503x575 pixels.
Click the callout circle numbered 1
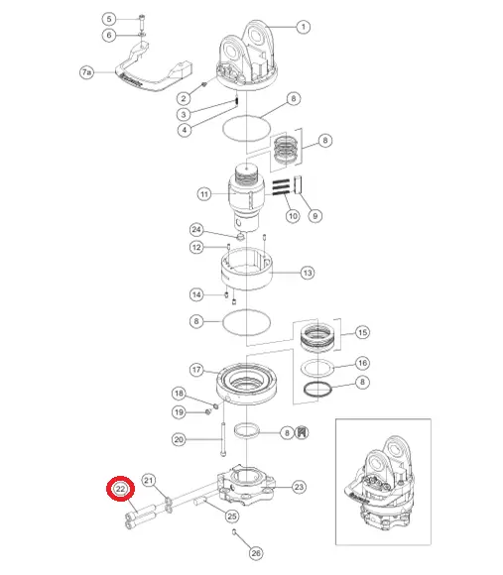pos(303,27)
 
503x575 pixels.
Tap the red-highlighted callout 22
pos(121,489)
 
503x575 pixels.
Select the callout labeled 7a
pos(86,72)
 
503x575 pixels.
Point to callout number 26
pos(256,553)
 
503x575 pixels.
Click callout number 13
pos(308,273)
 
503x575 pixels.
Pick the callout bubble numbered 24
pos(196,230)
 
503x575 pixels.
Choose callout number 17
pos(196,369)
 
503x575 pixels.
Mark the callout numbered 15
pos(362,332)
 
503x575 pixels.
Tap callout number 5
pos(109,19)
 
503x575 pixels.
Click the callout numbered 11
pos(204,194)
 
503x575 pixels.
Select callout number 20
pos(179,439)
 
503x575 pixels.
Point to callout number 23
pos(299,487)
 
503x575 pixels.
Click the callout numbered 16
pos(362,363)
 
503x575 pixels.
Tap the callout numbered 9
pos(315,216)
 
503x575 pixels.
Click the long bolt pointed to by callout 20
pos(223,439)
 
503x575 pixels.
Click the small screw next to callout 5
pos(142,21)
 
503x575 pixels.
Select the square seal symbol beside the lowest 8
pos(302,432)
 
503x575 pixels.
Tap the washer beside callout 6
pos(142,35)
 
